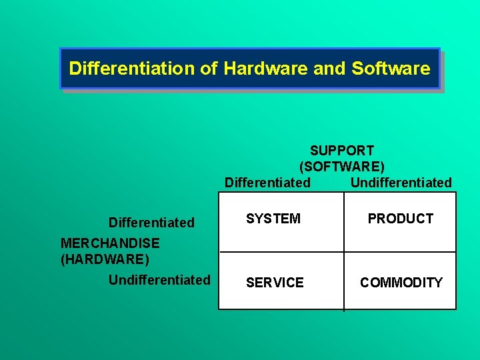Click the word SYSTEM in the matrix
coord(273,219)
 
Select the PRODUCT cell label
coord(401,219)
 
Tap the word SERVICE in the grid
coord(275,283)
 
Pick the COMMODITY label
coord(401,283)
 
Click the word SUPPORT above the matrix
coord(342,151)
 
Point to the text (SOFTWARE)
coord(342,166)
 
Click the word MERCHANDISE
coord(110,243)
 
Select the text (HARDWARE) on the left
coord(105,259)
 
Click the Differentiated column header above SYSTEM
coord(267,183)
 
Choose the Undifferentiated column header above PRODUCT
coord(401,183)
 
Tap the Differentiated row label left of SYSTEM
coord(151,223)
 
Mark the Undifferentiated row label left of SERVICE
coord(159,280)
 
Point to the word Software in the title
coord(391,68)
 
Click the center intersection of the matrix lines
coord(344,251)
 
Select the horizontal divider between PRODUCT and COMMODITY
coord(401,251)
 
